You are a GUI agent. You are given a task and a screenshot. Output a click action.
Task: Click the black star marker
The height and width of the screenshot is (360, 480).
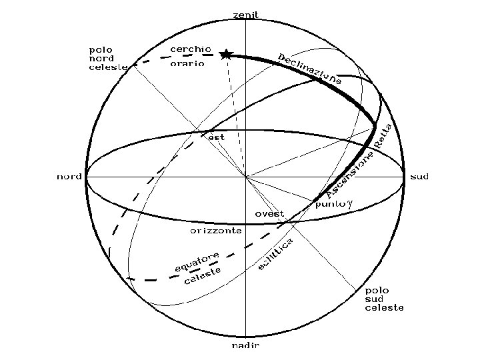(x=226, y=54)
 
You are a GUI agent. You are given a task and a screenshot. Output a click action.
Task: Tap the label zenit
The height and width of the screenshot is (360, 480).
(x=245, y=14)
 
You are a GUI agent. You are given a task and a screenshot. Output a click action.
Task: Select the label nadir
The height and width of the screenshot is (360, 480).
(x=245, y=346)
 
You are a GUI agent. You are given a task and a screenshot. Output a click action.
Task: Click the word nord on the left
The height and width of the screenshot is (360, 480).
(x=69, y=177)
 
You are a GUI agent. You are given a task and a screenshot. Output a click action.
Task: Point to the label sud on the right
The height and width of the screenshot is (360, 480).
(x=419, y=177)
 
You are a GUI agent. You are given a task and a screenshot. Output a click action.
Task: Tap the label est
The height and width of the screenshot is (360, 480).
(x=217, y=137)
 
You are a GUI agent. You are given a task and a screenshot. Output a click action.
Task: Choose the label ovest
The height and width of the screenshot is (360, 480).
(x=270, y=214)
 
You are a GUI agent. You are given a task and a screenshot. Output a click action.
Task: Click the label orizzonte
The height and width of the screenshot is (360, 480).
(x=215, y=231)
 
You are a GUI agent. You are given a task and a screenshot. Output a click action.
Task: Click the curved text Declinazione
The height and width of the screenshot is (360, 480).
(x=310, y=68)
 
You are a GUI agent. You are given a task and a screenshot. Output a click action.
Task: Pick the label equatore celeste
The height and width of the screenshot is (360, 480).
(x=199, y=268)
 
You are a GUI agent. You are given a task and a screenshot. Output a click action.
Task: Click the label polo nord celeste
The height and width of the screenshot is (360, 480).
(x=107, y=58)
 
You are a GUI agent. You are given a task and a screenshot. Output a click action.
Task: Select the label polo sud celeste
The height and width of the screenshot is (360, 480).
(x=384, y=299)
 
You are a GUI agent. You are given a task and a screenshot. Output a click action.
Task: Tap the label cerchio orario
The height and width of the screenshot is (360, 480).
(x=191, y=56)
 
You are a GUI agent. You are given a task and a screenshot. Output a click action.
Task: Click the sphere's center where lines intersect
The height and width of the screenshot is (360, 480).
(x=245, y=177)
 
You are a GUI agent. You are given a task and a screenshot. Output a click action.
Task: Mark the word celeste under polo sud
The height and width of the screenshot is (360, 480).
(x=384, y=308)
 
